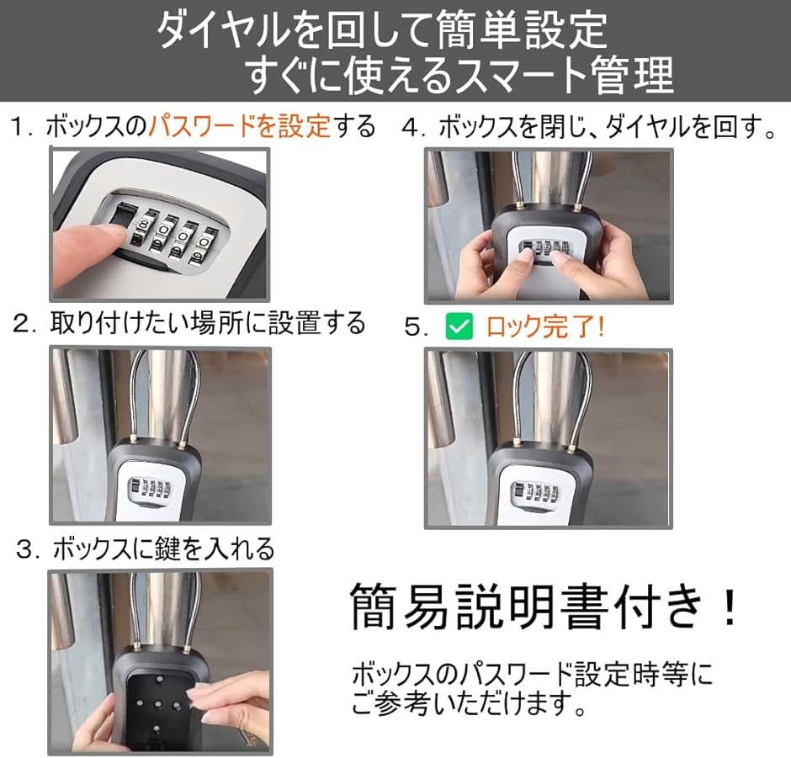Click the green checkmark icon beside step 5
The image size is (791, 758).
459,326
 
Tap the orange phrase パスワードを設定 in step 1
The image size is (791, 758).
239,125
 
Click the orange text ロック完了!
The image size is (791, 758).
544,326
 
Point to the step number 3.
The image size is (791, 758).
24,549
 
